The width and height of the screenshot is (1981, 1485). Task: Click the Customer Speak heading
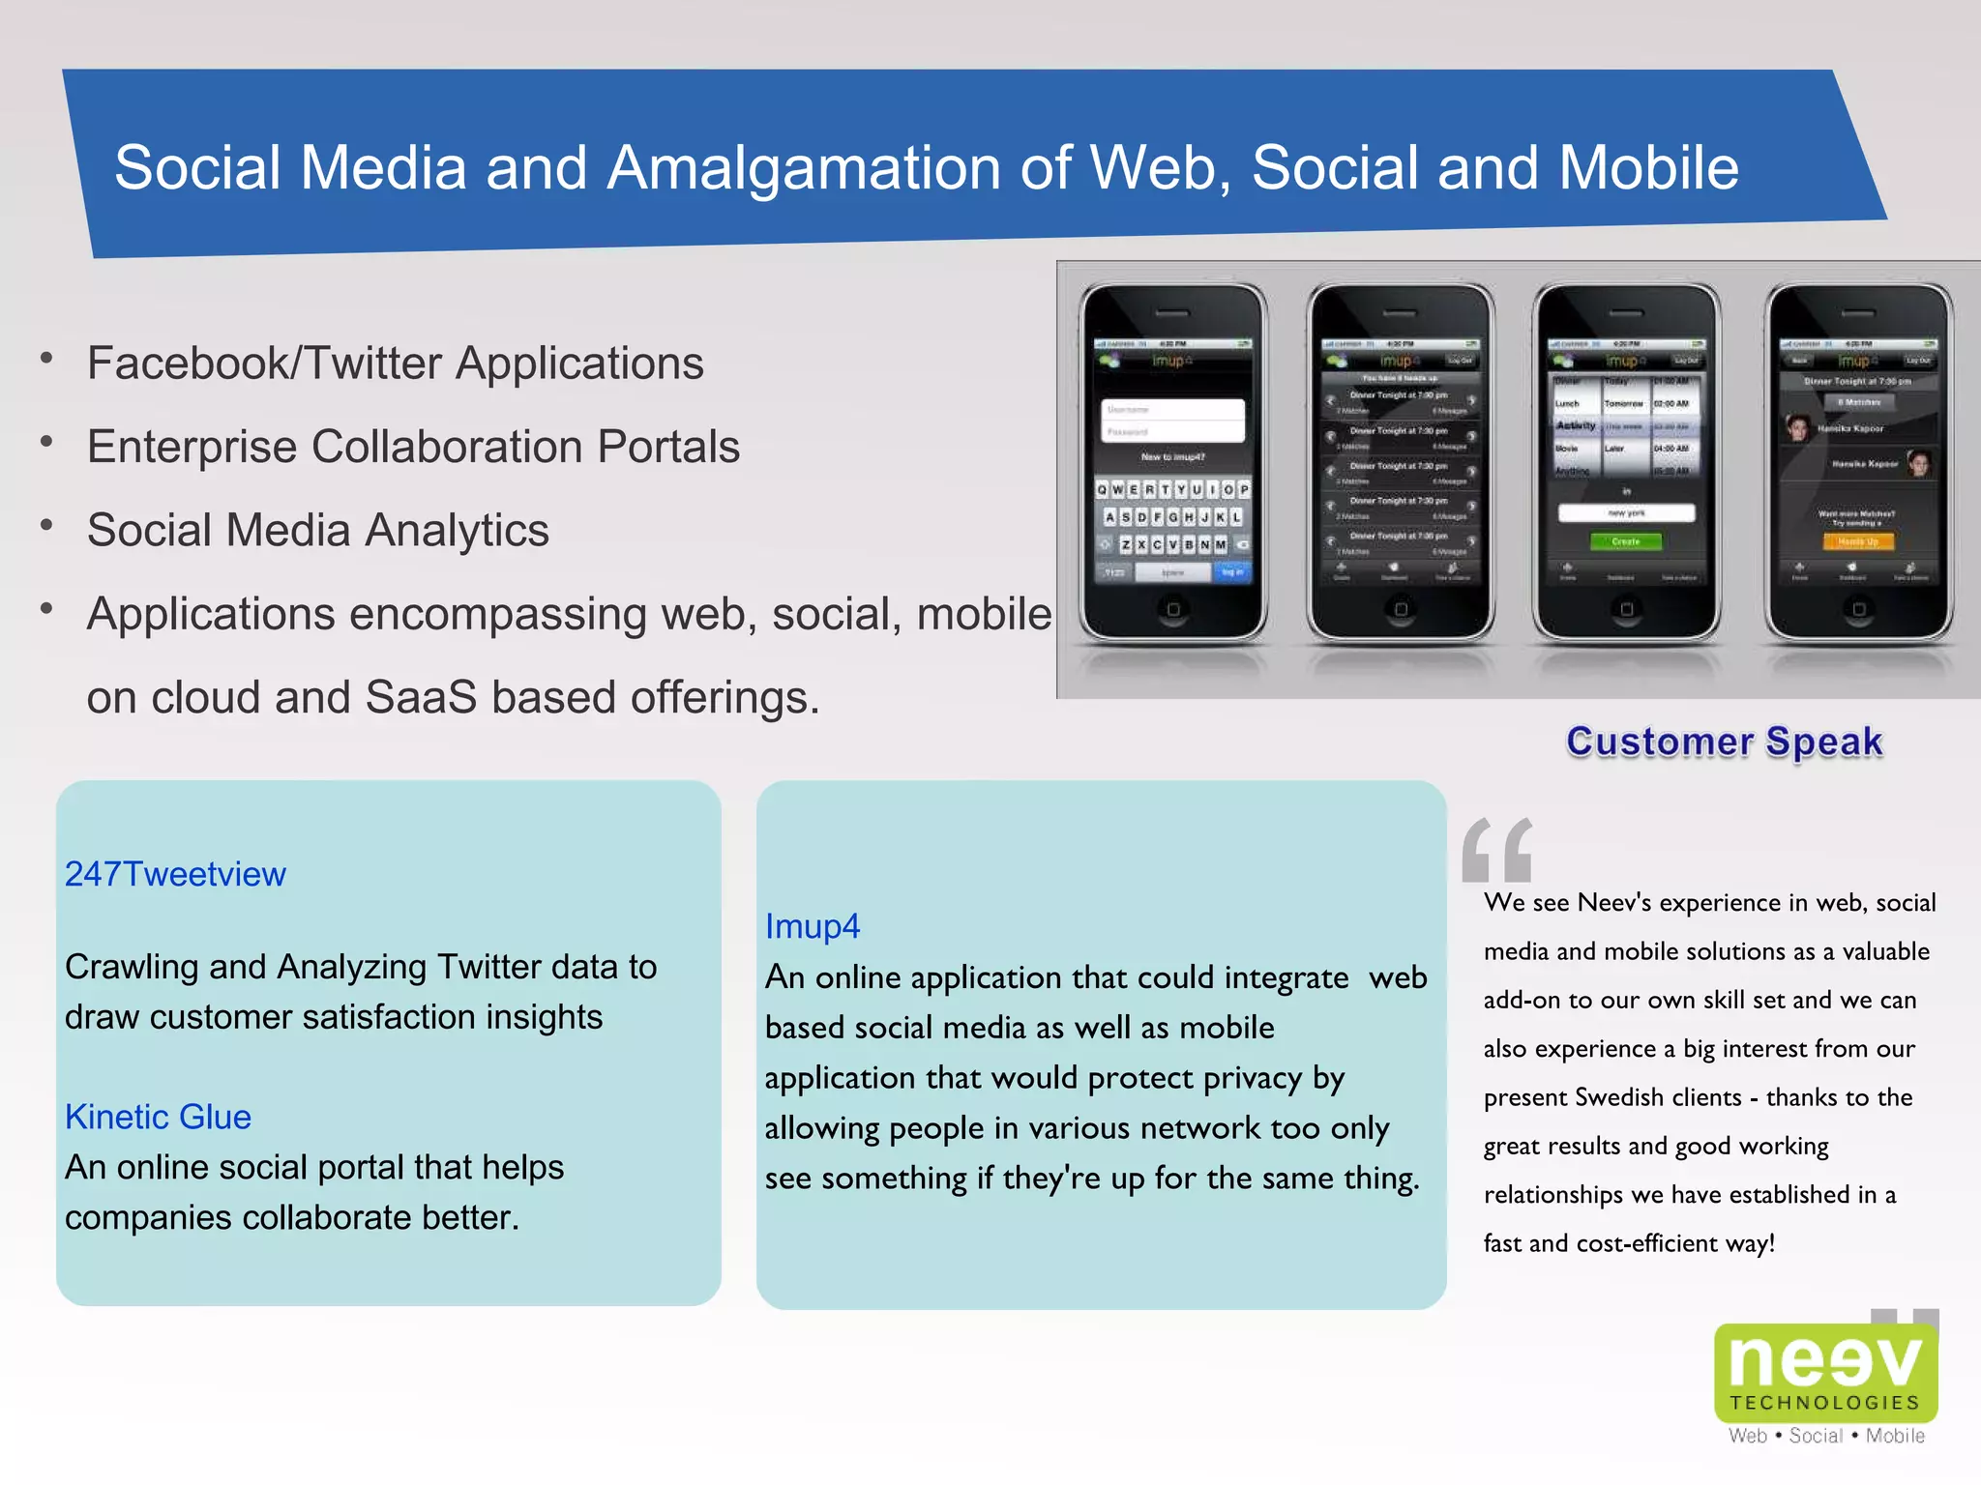1724,742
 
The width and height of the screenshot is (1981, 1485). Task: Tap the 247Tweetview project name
175,874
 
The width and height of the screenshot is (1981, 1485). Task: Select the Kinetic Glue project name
158,1117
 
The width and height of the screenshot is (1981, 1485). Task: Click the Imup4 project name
812,926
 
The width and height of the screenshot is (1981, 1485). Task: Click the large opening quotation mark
1496,850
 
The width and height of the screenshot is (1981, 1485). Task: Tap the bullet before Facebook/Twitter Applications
46,359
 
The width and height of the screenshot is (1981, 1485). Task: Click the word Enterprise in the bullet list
192,447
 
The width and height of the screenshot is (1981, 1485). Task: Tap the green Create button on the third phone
1626,541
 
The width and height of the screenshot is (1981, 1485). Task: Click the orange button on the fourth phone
1858,542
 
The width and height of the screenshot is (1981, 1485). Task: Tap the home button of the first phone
1172,609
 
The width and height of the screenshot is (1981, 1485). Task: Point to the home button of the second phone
1400,609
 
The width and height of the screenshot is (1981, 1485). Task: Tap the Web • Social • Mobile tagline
1826,1436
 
